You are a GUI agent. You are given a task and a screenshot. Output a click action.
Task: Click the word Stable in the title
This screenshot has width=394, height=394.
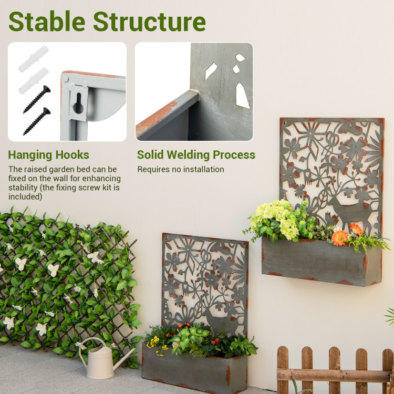click(x=46, y=22)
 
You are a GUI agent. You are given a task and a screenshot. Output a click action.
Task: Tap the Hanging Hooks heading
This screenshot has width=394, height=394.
click(x=48, y=155)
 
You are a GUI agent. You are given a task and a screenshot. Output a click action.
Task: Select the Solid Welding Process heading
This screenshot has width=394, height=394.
click(x=196, y=155)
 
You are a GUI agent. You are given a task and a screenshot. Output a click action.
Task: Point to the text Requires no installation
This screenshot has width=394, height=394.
click(x=181, y=170)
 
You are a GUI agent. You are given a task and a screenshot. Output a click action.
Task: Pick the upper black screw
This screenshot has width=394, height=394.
click(x=37, y=99)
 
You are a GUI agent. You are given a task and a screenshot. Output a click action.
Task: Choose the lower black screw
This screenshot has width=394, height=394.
click(x=37, y=121)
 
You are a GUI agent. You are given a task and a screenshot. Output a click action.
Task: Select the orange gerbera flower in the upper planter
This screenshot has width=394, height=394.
click(x=340, y=237)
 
